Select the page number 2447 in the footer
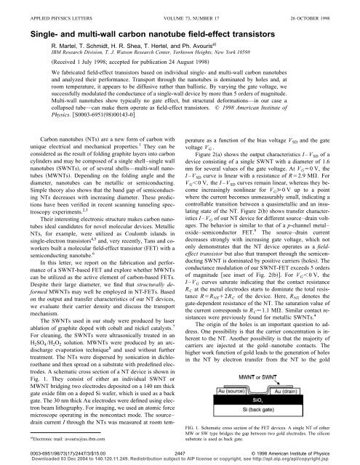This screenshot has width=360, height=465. (180, 450)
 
